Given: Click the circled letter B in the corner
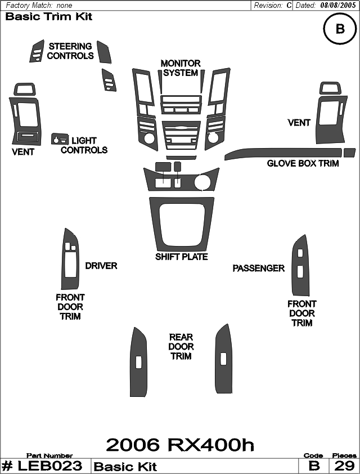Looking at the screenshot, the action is pyautogui.click(x=340, y=29).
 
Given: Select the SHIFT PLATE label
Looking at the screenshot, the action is pyautogui.click(x=182, y=257).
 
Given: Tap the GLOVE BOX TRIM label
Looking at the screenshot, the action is pyautogui.click(x=303, y=164).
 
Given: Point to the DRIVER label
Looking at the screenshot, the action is pyautogui.click(x=101, y=266).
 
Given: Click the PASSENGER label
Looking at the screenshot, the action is pyautogui.click(x=259, y=268).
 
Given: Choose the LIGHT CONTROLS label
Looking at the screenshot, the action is pyautogui.click(x=84, y=145).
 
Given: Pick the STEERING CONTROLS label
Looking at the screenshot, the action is pyautogui.click(x=70, y=51).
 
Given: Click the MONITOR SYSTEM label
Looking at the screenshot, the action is pyautogui.click(x=181, y=68).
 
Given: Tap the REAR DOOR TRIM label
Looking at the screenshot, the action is pyautogui.click(x=181, y=347).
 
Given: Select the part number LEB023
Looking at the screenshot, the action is pyautogui.click(x=50, y=466).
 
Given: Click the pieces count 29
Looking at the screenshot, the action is pyautogui.click(x=344, y=466).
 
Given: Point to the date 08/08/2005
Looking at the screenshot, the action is pyautogui.click(x=338, y=5).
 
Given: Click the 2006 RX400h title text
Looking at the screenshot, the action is pyautogui.click(x=180, y=445).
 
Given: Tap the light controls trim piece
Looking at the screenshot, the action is pyautogui.click(x=60, y=138).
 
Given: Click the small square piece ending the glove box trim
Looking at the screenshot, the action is pyautogui.click(x=349, y=153).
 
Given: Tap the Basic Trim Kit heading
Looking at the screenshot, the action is pyautogui.click(x=48, y=16).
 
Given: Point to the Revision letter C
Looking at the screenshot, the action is pyautogui.click(x=289, y=6).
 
